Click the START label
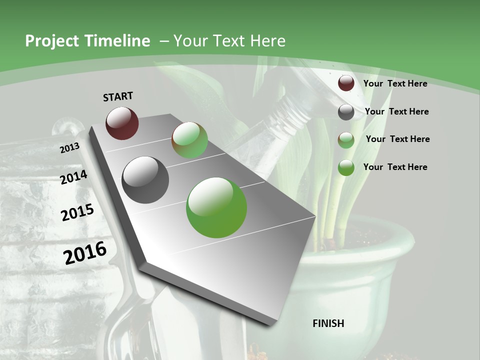click(x=118, y=96)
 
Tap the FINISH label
click(x=328, y=323)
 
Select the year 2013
click(x=69, y=148)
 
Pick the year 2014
click(x=74, y=177)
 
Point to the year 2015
click(x=77, y=212)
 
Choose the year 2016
click(x=85, y=252)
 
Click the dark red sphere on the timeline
click(x=122, y=123)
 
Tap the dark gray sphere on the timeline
click(x=145, y=179)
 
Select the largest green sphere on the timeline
click(x=216, y=207)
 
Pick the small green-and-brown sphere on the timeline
click(x=189, y=140)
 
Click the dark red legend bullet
click(x=346, y=83)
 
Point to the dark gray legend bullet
click(x=346, y=112)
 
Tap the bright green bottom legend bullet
click(x=346, y=167)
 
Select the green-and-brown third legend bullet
click(x=346, y=139)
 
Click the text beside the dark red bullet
click(x=395, y=83)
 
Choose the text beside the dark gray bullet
click(x=396, y=111)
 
